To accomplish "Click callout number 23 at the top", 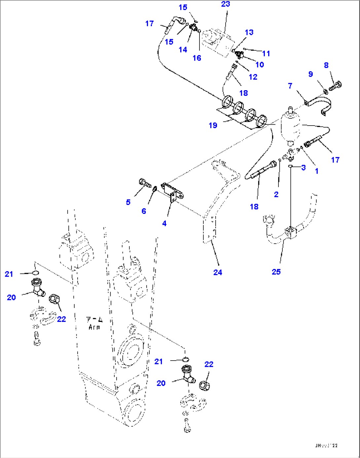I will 225,4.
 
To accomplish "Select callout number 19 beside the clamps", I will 213,125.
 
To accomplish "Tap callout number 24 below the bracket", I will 218,272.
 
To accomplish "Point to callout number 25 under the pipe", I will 276,272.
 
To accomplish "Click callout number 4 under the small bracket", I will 164,223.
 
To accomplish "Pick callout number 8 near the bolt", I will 326,65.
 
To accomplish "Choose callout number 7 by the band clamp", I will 290,86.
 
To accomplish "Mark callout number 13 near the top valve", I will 249,32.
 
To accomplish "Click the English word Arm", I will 94,327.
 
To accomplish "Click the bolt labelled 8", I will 335,86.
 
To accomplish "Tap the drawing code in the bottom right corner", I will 326,446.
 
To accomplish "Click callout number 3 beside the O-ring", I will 303,168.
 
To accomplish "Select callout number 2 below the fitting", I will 276,194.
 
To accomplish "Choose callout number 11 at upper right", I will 266,54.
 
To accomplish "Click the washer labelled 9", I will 325,91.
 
